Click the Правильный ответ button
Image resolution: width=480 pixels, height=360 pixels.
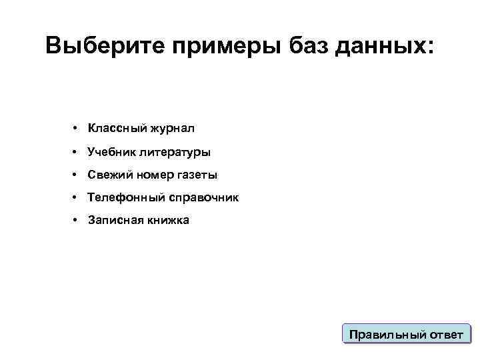coord(406,334)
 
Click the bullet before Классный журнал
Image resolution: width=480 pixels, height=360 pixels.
coord(77,127)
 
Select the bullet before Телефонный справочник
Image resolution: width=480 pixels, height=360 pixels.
coord(77,197)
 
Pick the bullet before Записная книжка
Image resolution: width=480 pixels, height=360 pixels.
coord(77,220)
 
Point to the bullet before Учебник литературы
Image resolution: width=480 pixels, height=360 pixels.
coord(77,152)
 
